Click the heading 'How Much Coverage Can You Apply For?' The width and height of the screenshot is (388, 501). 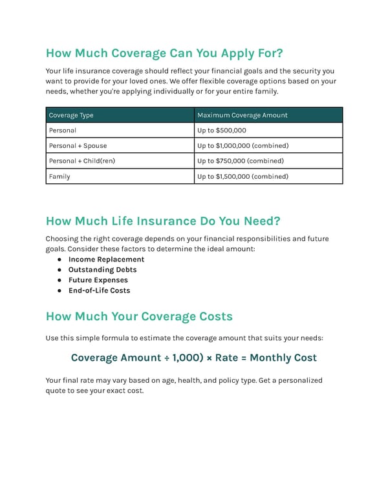164,52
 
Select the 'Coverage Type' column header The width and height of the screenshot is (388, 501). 71,115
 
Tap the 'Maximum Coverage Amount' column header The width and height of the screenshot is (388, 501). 242,115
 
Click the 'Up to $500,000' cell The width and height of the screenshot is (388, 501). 222,130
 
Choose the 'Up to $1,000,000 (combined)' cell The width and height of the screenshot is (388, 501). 243,146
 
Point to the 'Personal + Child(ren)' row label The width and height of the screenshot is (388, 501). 82,161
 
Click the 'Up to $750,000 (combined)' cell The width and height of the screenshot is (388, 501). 241,161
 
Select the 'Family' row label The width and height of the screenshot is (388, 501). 59,176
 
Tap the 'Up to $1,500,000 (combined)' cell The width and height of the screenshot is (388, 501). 243,176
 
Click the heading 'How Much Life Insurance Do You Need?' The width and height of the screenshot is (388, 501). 163,221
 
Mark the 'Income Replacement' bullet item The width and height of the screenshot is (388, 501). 106,260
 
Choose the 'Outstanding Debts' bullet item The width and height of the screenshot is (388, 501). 102,270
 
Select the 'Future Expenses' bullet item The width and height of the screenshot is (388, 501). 98,280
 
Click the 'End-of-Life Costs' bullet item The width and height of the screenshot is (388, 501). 99,291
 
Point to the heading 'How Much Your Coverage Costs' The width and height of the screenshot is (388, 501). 139,316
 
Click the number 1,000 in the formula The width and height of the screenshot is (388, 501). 186,358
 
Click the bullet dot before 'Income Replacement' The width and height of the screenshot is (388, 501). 59,260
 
